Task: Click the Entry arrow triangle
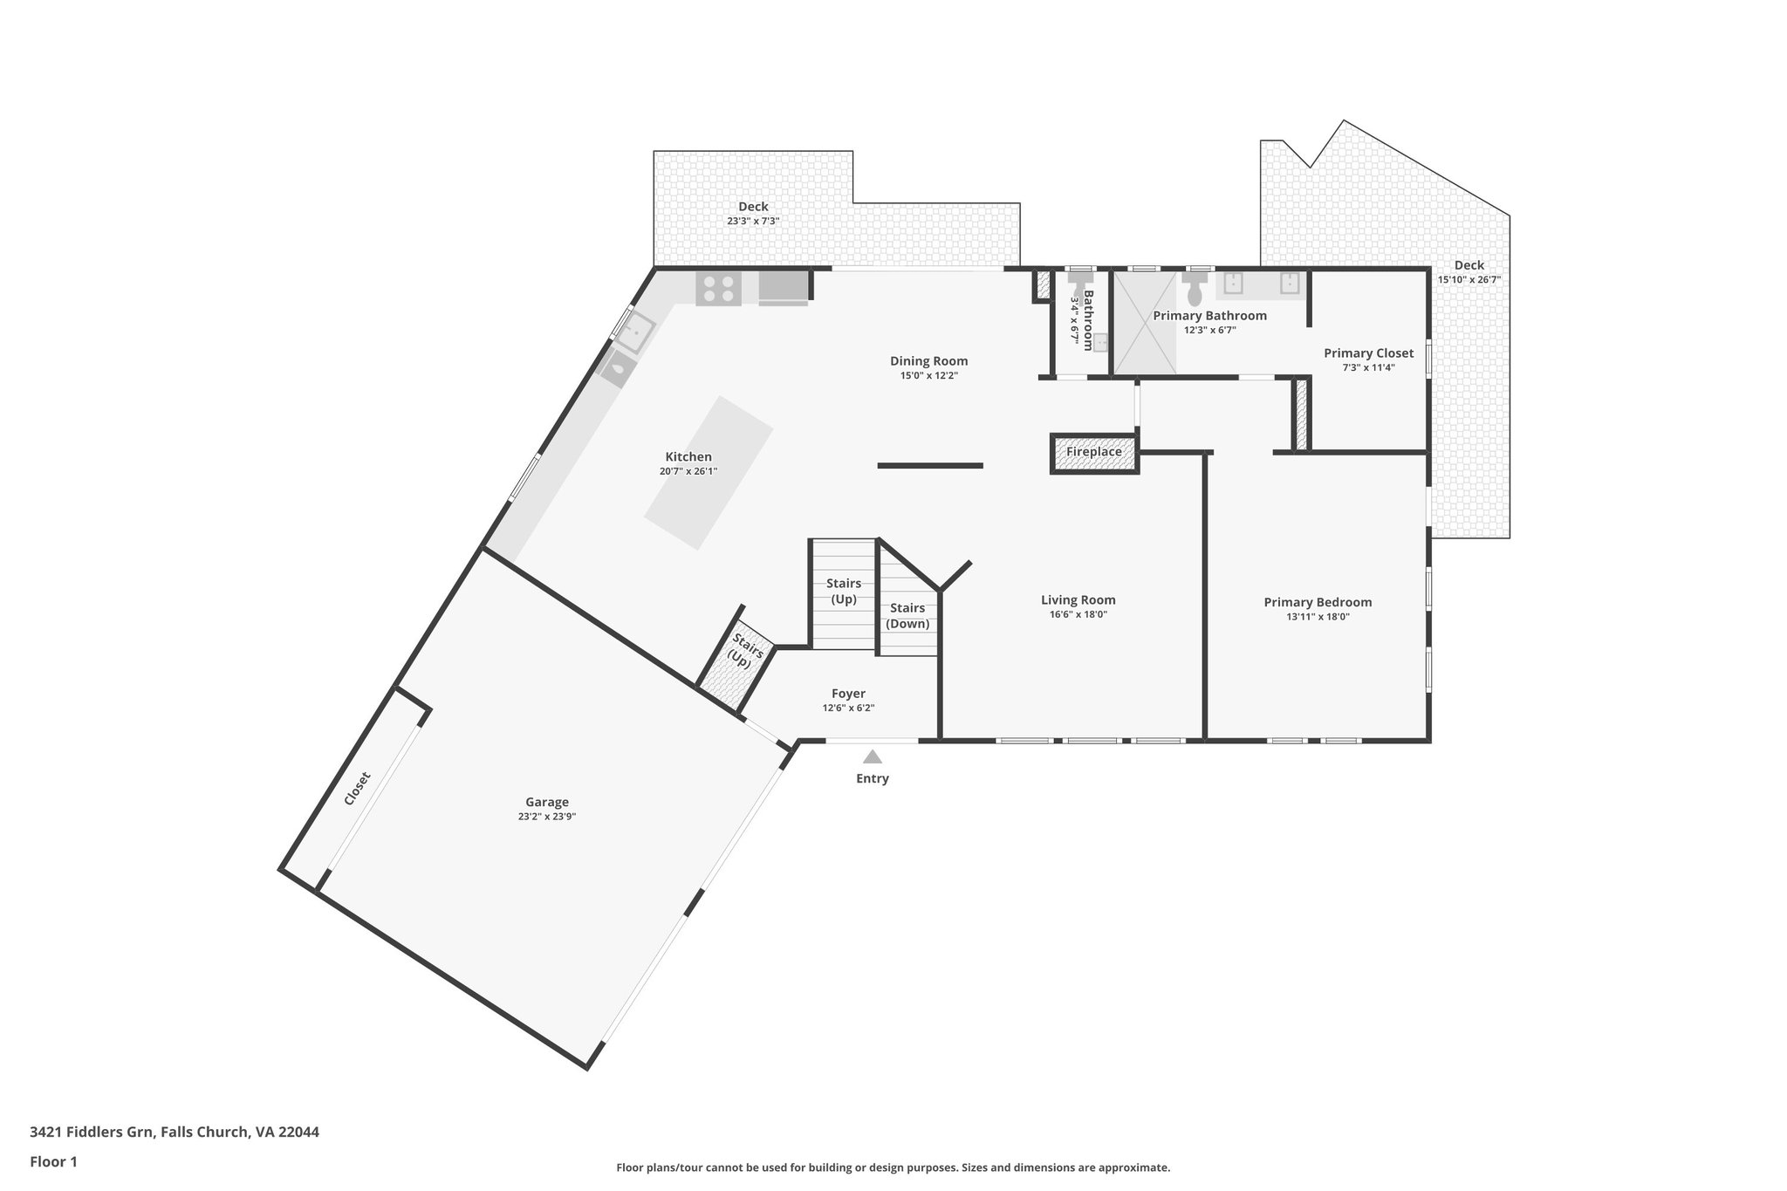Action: (872, 756)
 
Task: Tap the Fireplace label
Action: (1093, 452)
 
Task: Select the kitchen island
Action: (709, 473)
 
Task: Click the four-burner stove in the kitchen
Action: (718, 288)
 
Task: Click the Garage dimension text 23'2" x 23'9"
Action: (546, 817)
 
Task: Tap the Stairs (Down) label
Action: (907, 616)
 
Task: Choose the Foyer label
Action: (848, 694)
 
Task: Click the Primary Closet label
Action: (1368, 353)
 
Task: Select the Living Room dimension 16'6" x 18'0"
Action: (1078, 614)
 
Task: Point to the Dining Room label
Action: (928, 361)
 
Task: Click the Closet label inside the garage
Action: (357, 788)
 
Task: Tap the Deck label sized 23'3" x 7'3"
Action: (753, 207)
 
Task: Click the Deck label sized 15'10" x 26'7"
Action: (1469, 265)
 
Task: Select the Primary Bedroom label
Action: (1318, 602)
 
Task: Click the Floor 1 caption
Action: (53, 1161)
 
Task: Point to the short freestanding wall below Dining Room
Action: (930, 466)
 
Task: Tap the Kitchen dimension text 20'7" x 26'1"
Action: (688, 471)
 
